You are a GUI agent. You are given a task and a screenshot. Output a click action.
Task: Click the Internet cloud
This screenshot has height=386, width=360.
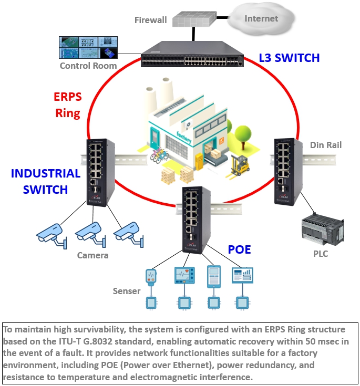[x=261, y=19]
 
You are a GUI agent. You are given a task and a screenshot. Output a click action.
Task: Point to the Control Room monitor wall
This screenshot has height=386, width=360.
[x=88, y=48]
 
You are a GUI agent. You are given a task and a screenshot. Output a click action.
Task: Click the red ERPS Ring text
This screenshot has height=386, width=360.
[x=67, y=105]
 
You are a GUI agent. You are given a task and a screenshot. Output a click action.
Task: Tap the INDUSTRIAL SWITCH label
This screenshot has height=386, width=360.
[x=46, y=181]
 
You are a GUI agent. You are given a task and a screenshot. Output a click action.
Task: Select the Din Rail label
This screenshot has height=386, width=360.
[x=326, y=144]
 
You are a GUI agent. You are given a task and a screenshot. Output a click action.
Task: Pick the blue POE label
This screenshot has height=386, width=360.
[x=239, y=249]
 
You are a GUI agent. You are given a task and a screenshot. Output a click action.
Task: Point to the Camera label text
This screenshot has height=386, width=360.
[x=92, y=256]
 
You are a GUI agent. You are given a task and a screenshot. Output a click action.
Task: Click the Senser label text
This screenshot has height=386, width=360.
[x=127, y=291]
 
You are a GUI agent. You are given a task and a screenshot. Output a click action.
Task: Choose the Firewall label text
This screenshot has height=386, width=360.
[x=150, y=20]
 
